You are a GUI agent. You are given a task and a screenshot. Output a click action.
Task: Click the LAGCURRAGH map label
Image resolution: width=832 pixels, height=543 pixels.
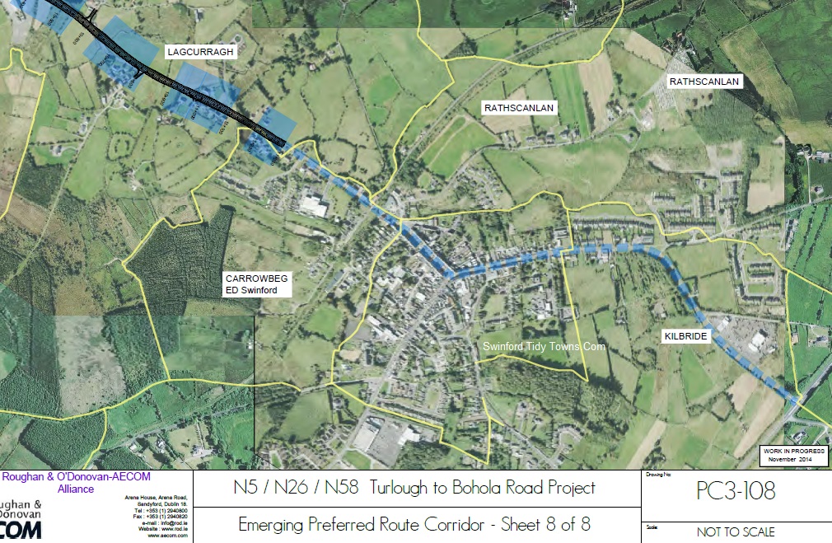[x=201, y=51]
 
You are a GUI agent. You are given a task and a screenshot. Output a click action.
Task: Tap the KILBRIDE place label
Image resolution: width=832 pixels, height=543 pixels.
[x=685, y=337]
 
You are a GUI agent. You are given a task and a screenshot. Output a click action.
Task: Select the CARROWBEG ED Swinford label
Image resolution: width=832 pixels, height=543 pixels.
[x=256, y=284]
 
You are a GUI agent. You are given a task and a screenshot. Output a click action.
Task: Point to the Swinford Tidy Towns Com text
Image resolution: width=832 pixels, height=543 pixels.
[x=544, y=347]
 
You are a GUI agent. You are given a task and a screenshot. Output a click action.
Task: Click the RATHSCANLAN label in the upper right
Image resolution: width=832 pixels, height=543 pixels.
[x=704, y=82]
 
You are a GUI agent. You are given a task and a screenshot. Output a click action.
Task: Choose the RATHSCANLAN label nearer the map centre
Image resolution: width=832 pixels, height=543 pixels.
[x=519, y=108]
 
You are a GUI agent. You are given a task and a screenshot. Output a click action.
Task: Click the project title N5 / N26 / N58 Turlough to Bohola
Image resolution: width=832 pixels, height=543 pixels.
[x=414, y=488]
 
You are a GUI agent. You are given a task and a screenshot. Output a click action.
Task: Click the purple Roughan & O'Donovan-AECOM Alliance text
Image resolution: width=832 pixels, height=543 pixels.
[x=76, y=483]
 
